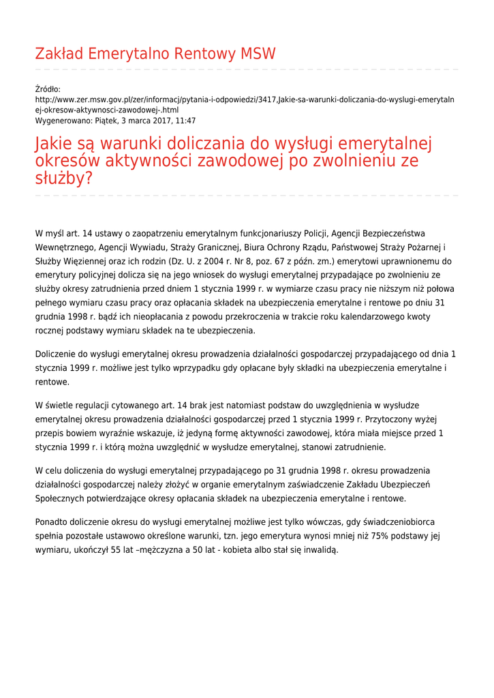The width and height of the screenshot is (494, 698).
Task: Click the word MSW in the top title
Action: (x=258, y=54)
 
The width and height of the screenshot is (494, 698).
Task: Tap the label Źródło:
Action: (x=48, y=89)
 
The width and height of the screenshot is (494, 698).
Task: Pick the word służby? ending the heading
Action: (x=63, y=179)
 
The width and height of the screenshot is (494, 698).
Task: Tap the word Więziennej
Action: (x=86, y=261)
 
